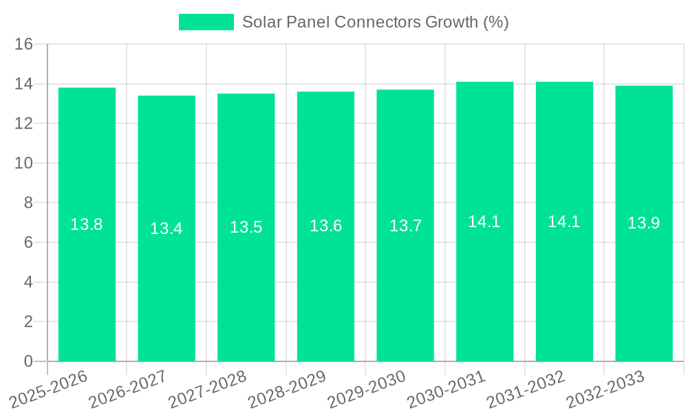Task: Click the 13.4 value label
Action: pos(166,229)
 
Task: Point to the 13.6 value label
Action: pos(325,226)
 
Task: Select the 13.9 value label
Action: pos(644,223)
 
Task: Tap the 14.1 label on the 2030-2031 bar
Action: pos(484,222)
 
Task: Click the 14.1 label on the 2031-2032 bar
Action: pos(564,222)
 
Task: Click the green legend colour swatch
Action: pos(206,22)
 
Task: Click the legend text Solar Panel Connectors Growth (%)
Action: pos(375,22)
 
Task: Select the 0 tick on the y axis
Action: pos(28,361)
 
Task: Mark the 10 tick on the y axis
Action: pos(24,164)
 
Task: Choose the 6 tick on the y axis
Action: pos(28,243)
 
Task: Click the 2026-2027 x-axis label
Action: pos(127,389)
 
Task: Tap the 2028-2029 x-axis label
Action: pos(286,389)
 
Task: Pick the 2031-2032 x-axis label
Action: pos(526,389)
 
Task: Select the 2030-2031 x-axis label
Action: pos(446,389)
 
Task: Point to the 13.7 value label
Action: pos(405,226)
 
